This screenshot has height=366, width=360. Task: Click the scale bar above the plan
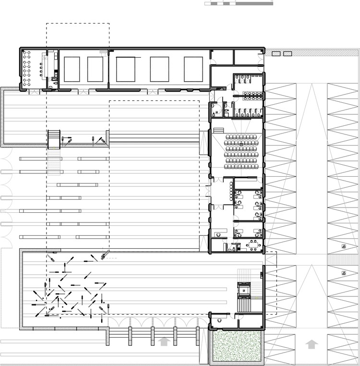239,3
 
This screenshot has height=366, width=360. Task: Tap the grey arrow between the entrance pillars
164,342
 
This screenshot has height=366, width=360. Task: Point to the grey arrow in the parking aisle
312,344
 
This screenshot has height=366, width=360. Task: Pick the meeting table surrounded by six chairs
252,245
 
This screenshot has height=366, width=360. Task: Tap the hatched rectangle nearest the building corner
276,54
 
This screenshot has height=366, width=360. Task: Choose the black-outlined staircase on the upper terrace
54,139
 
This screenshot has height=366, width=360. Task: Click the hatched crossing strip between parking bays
344,259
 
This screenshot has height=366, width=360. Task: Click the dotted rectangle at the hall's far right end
194,69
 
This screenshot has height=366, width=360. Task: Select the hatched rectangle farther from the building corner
288,54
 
